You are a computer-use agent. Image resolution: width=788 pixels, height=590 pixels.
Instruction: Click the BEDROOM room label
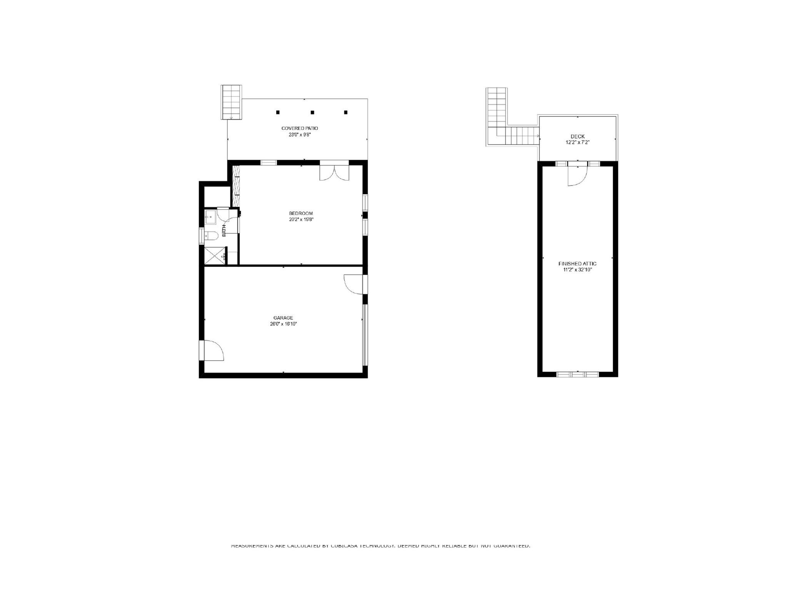pyautogui.click(x=301, y=213)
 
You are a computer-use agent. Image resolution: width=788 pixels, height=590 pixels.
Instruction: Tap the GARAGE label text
pyautogui.click(x=283, y=318)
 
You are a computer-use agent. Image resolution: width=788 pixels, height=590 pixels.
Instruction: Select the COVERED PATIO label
pyautogui.click(x=299, y=128)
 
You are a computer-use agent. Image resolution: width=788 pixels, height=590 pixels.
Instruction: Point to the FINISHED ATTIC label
pyautogui.click(x=577, y=263)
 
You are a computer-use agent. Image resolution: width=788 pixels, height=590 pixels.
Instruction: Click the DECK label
pyautogui.click(x=578, y=136)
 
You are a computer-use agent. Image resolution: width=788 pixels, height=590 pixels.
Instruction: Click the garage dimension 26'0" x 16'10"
pyautogui.click(x=283, y=324)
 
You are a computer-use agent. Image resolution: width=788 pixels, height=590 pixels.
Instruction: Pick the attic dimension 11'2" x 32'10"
pyautogui.click(x=577, y=270)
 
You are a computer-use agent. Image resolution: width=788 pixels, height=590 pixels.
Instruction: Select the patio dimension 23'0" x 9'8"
pyautogui.click(x=299, y=135)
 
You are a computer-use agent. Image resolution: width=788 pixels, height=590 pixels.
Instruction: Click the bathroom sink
pyautogui.click(x=210, y=217)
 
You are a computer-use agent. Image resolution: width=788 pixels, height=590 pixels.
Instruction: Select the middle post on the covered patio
pyautogui.click(x=312, y=112)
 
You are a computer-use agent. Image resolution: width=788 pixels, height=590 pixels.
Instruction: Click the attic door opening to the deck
pyautogui.click(x=578, y=175)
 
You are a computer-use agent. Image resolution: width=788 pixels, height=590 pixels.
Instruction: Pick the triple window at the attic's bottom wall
pyautogui.click(x=578, y=374)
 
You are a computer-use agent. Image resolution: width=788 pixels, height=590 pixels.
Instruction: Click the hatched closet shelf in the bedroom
pyautogui.click(x=236, y=185)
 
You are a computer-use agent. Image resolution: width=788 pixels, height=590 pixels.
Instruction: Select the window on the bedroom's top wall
pyautogui.click(x=269, y=162)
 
